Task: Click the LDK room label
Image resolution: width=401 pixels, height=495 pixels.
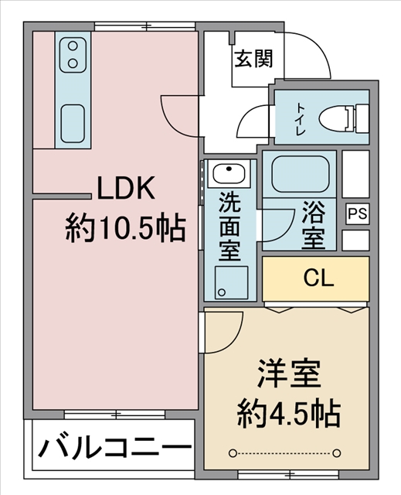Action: click(x=126, y=188)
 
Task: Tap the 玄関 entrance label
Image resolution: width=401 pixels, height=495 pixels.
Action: click(x=253, y=59)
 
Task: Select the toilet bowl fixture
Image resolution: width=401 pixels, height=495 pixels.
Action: click(x=343, y=120)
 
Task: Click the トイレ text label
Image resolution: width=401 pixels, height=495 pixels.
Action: click(x=300, y=120)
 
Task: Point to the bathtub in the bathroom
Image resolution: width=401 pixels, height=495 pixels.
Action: click(x=301, y=174)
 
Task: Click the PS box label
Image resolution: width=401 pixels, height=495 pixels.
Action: click(x=358, y=213)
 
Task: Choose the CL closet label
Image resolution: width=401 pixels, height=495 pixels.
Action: click(x=318, y=278)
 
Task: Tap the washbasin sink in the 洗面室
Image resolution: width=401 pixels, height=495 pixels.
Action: click(x=229, y=172)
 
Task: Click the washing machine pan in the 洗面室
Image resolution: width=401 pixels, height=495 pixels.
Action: click(x=231, y=282)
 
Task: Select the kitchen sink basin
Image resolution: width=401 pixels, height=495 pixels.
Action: click(x=73, y=124)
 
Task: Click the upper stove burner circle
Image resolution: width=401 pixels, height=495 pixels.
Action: click(x=73, y=46)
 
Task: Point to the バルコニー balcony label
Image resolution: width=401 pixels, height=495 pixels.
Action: click(x=114, y=448)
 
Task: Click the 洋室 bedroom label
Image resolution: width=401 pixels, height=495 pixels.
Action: click(x=289, y=374)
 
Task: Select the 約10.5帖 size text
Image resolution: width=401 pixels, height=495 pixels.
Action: click(x=125, y=227)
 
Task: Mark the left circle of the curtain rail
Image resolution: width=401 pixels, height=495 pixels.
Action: click(x=233, y=453)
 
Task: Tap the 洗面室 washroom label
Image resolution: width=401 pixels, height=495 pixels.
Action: click(x=229, y=226)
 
